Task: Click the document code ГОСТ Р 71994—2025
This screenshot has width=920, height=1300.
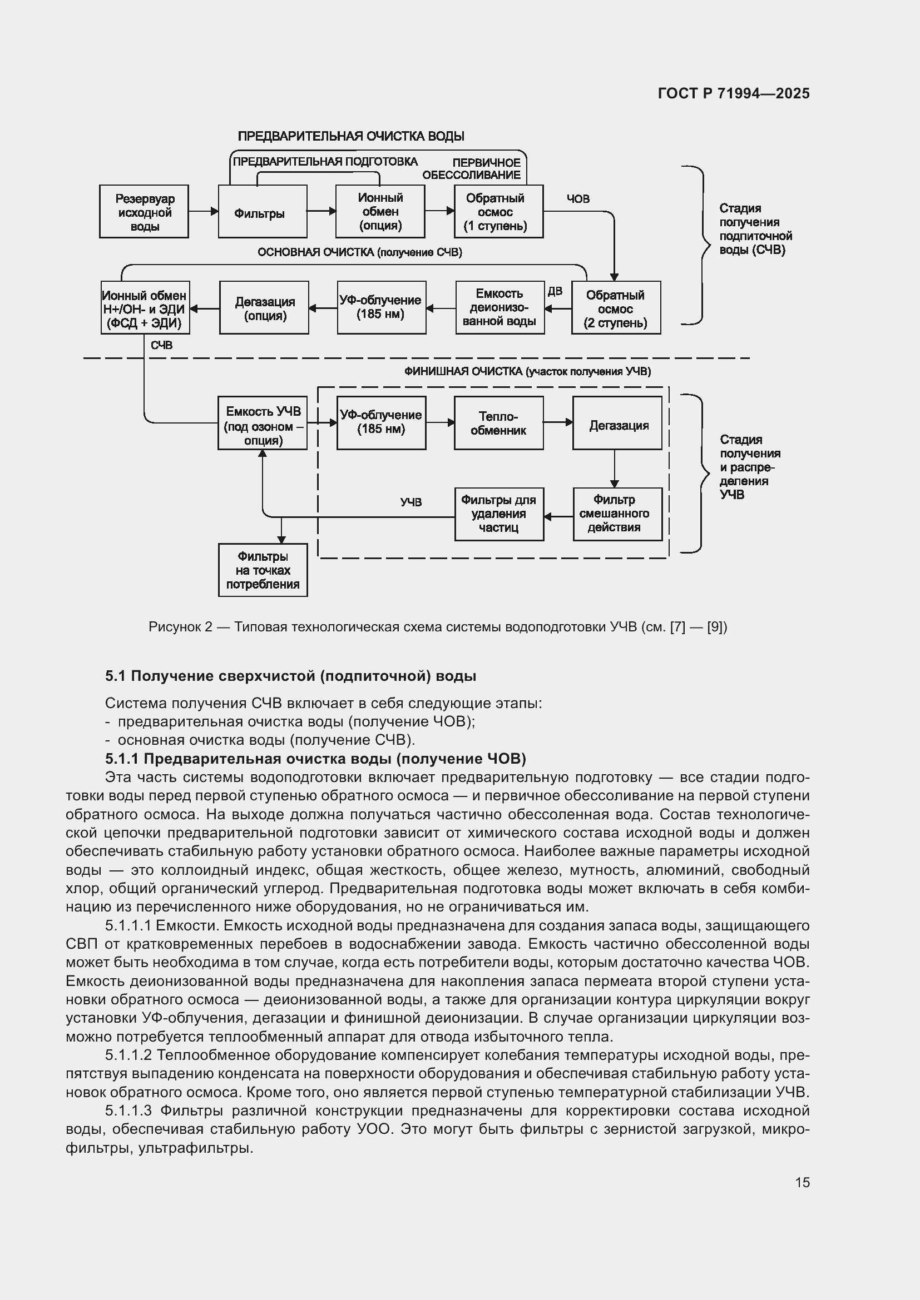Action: [x=734, y=93]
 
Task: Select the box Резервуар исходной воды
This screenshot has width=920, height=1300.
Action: [x=144, y=212]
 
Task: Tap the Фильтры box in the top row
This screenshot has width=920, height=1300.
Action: [x=263, y=212]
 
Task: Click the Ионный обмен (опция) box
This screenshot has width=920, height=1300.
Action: [x=380, y=212]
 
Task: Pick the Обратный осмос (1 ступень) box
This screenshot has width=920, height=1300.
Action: [x=498, y=212]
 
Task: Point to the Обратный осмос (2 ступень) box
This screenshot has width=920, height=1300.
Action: [x=616, y=308]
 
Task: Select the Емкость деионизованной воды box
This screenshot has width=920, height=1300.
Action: [x=499, y=308]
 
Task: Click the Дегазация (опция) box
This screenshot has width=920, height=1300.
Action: [x=264, y=308]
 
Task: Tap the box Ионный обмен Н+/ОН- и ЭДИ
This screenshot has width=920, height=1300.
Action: [x=145, y=308]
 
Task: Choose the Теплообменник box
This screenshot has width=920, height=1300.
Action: [x=498, y=423]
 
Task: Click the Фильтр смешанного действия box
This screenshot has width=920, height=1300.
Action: [x=617, y=514]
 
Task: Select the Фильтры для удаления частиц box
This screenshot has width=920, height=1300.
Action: [x=499, y=514]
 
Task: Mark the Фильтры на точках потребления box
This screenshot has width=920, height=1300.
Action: [x=263, y=570]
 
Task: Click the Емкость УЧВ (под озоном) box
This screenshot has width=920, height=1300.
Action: [x=263, y=423]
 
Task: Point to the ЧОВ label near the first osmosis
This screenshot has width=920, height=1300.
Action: [x=578, y=199]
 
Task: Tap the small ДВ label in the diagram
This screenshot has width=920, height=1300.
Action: [x=555, y=291]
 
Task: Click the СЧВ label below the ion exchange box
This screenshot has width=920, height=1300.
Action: [x=161, y=345]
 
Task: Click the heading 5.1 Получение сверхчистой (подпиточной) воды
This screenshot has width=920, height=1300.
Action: [x=290, y=676]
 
